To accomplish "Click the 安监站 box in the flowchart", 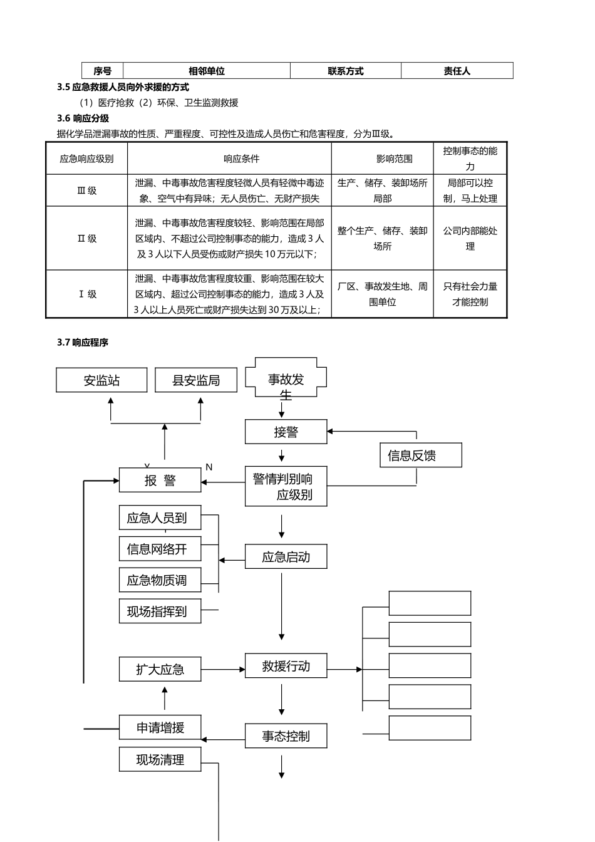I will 101,380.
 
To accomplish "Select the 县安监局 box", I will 196,380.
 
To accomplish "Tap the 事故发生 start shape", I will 286,378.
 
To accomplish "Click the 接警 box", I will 286,432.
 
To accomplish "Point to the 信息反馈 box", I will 420,455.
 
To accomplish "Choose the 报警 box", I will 160,481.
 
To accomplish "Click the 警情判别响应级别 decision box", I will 286,486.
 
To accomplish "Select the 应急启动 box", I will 286,557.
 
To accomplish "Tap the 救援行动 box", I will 286,667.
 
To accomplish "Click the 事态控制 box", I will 286,737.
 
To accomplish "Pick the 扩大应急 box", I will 160,669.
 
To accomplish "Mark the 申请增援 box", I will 160,728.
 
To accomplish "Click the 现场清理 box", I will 160,760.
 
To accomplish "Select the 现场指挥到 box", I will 160,611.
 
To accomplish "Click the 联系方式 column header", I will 345,71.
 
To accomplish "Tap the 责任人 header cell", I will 457,71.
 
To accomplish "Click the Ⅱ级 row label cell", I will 87,239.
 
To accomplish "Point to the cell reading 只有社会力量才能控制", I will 470,294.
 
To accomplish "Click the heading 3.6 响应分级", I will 83,118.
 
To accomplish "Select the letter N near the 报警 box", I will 209,467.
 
